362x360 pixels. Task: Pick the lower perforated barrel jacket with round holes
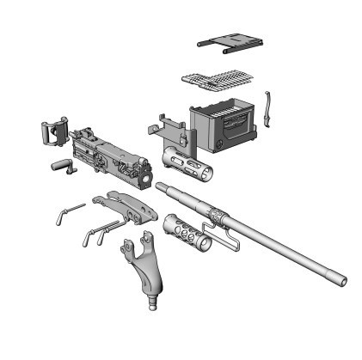coord(183,230)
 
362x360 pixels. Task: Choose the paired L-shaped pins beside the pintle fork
coord(99,231)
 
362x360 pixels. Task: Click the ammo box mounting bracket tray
coord(169,128)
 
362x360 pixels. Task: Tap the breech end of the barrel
coord(160,185)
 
